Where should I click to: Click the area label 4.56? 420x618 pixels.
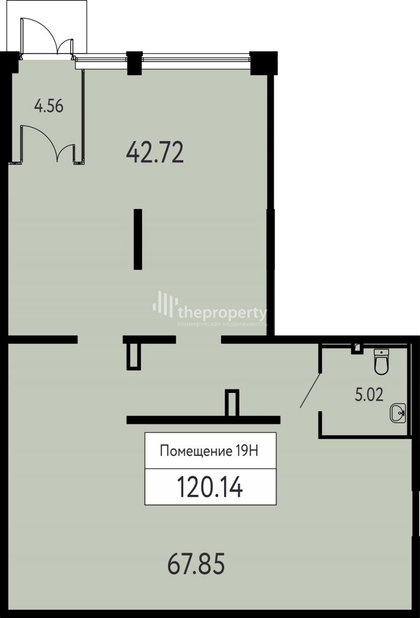point(48,106)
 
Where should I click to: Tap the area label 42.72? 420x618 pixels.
point(154,153)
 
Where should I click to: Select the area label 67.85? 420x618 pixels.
point(196,563)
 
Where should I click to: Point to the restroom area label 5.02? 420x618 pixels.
point(369,395)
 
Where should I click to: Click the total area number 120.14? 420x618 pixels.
point(210,487)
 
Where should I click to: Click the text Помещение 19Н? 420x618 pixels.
point(209,451)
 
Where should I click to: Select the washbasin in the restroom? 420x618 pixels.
point(397,413)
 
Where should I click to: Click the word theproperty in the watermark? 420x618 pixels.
point(223,313)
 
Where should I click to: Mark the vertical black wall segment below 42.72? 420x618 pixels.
point(138,239)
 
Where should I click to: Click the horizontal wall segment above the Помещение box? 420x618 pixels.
point(203,420)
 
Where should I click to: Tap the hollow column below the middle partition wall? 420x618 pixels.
point(133,356)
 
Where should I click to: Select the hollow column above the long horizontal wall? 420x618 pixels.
point(232,403)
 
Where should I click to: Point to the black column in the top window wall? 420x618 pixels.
point(134,63)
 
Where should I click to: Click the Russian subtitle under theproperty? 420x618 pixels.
point(223,324)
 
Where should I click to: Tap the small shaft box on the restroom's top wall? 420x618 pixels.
point(357,349)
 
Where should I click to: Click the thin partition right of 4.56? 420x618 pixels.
point(83,116)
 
